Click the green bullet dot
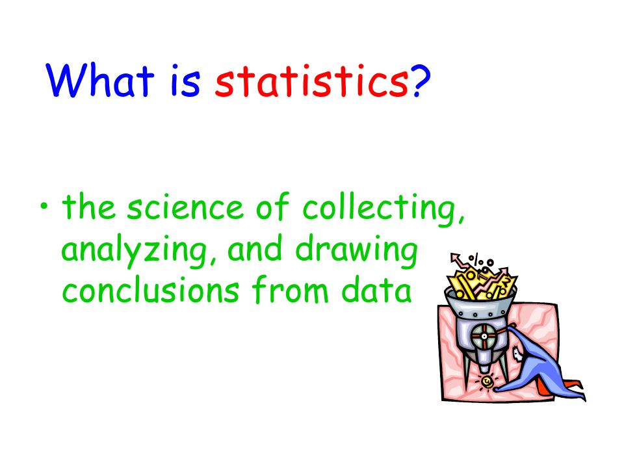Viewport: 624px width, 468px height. pyautogui.click(x=44, y=207)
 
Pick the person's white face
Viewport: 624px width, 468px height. pyautogui.click(x=518, y=354)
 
